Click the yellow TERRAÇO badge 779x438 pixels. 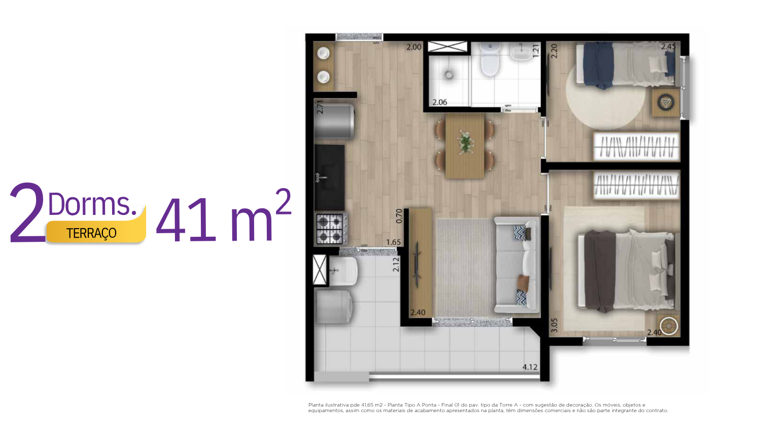click(96, 232)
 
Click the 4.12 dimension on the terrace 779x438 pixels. click(529, 367)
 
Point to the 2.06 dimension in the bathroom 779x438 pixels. click(440, 102)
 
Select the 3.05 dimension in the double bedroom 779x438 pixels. click(554, 325)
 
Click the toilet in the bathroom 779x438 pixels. click(490, 60)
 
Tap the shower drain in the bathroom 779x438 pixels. click(449, 75)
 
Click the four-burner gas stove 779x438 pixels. click(331, 229)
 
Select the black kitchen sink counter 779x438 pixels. click(329, 177)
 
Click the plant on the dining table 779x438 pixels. click(465, 142)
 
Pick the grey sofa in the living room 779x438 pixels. click(517, 265)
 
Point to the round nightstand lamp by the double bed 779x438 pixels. click(669, 326)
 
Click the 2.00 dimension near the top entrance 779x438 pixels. click(414, 47)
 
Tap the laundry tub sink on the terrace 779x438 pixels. click(343, 272)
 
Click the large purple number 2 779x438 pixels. click(27, 212)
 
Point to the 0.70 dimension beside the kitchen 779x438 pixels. click(399, 216)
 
